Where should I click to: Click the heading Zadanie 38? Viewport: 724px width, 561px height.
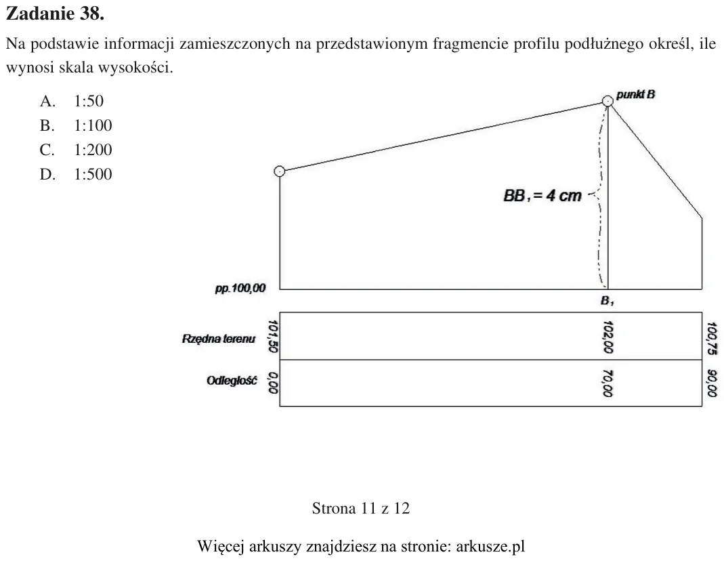click(56, 14)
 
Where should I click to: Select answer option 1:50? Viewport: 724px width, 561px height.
click(89, 101)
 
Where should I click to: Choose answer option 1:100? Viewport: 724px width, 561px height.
click(93, 125)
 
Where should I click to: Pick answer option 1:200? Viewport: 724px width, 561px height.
click(93, 150)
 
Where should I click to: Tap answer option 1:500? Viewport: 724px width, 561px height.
click(93, 175)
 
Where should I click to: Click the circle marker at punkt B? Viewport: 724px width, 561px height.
click(608, 101)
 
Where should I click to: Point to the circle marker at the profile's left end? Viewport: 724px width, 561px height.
click(279, 171)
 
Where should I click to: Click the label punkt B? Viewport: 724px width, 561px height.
click(635, 95)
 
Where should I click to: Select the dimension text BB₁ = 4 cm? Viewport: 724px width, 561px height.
click(542, 196)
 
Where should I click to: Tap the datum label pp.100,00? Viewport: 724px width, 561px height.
click(240, 289)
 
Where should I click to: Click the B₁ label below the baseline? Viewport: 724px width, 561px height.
click(608, 301)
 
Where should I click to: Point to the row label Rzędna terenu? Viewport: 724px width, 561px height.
click(218, 339)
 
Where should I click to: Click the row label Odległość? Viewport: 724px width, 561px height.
click(232, 381)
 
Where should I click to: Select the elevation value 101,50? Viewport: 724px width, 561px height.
click(273, 336)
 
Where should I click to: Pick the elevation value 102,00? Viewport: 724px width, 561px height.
click(608, 337)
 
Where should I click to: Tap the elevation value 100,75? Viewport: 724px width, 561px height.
click(712, 339)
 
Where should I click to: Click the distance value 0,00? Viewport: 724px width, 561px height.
click(273, 383)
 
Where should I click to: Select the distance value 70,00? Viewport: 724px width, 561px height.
click(608, 383)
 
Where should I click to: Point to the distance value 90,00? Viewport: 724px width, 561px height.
click(712, 383)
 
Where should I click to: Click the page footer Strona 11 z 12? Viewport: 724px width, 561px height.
click(360, 508)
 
